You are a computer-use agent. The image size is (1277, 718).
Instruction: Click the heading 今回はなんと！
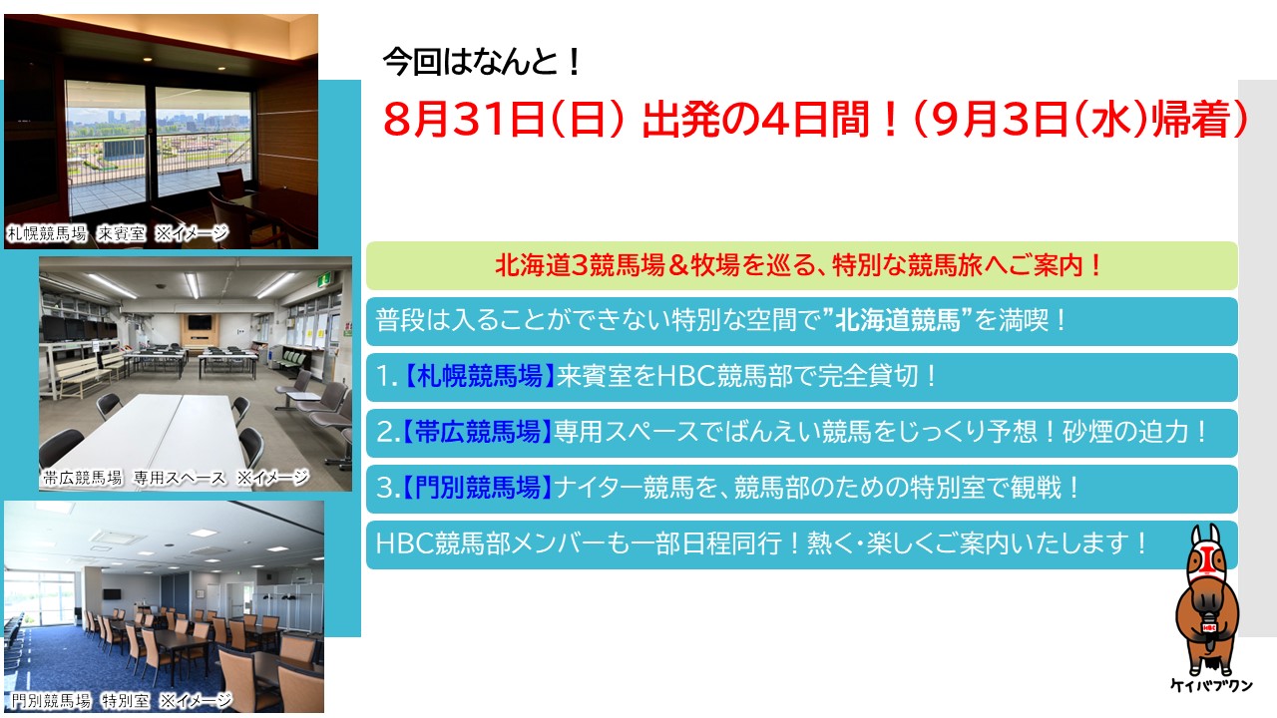coord(482,62)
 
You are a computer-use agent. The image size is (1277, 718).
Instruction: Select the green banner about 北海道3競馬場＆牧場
coord(801,265)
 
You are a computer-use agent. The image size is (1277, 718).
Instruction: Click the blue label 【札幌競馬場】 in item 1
coord(479,377)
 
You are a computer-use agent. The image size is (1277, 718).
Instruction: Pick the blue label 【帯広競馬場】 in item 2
coord(477,433)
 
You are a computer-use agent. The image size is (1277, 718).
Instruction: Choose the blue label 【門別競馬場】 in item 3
coord(477,489)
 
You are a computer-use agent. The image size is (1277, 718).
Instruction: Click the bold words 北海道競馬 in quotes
coord(898,321)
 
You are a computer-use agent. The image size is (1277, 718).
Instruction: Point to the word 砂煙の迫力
coord(1125,433)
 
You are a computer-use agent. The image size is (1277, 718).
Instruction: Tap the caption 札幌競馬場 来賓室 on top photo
coord(77,233)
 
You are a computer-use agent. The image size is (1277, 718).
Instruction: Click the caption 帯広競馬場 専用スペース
coord(134,478)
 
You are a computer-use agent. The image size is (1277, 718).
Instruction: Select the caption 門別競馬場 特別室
coord(80,700)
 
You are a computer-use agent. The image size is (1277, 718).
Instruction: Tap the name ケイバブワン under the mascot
coord(1211,685)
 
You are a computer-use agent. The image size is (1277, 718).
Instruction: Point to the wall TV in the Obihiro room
coord(200,322)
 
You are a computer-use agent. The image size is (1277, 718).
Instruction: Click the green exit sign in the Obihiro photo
coord(325,280)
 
